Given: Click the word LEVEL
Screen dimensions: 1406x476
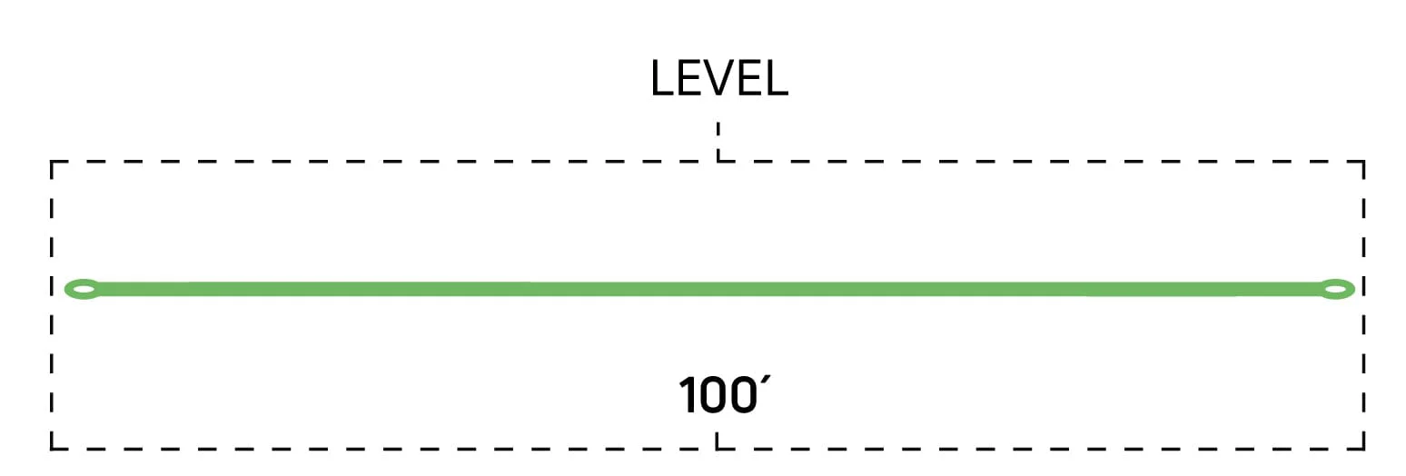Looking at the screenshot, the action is pyautogui.click(x=719, y=78).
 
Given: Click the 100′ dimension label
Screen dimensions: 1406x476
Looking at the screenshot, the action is pyautogui.click(x=724, y=394).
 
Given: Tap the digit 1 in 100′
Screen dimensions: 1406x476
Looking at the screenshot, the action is pyautogui.click(x=688, y=396).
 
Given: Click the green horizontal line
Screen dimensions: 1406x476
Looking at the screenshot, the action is pyautogui.click(x=709, y=290).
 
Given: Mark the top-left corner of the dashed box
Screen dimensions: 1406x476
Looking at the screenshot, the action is pyautogui.click(x=52, y=162).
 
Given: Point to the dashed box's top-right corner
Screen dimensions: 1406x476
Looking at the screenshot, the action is pyautogui.click(x=1363, y=162).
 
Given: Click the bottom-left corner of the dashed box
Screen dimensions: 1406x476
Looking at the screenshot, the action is pyautogui.click(x=52, y=449).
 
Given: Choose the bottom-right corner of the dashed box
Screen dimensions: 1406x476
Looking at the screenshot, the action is pyautogui.click(x=1363, y=449).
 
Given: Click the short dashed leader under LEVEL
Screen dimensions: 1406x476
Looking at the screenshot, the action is pyautogui.click(x=718, y=142).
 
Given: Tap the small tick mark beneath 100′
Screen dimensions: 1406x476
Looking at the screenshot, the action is pyautogui.click(x=717, y=441).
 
